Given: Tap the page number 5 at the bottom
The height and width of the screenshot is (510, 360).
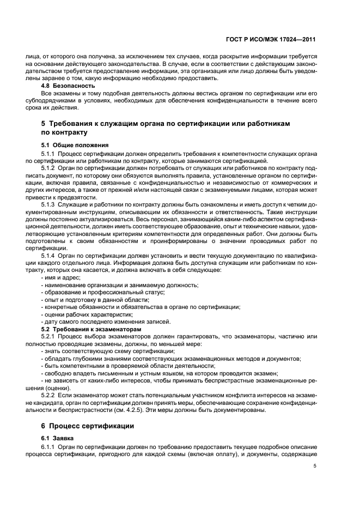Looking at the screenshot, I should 315,466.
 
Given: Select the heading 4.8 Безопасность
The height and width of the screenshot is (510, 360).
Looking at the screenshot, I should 68,86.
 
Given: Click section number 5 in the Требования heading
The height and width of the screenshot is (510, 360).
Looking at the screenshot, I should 44,124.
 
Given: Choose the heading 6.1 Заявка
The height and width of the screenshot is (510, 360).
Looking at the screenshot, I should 57,438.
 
